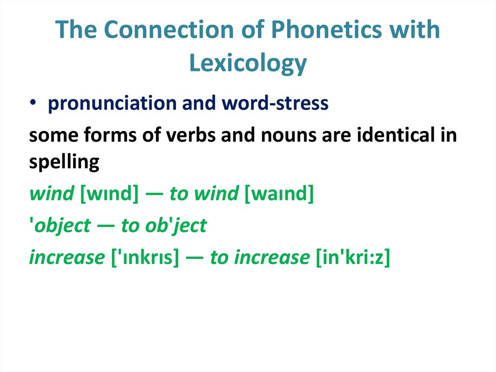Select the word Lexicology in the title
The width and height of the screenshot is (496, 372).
(x=248, y=63)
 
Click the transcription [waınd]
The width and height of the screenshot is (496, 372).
(x=279, y=194)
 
